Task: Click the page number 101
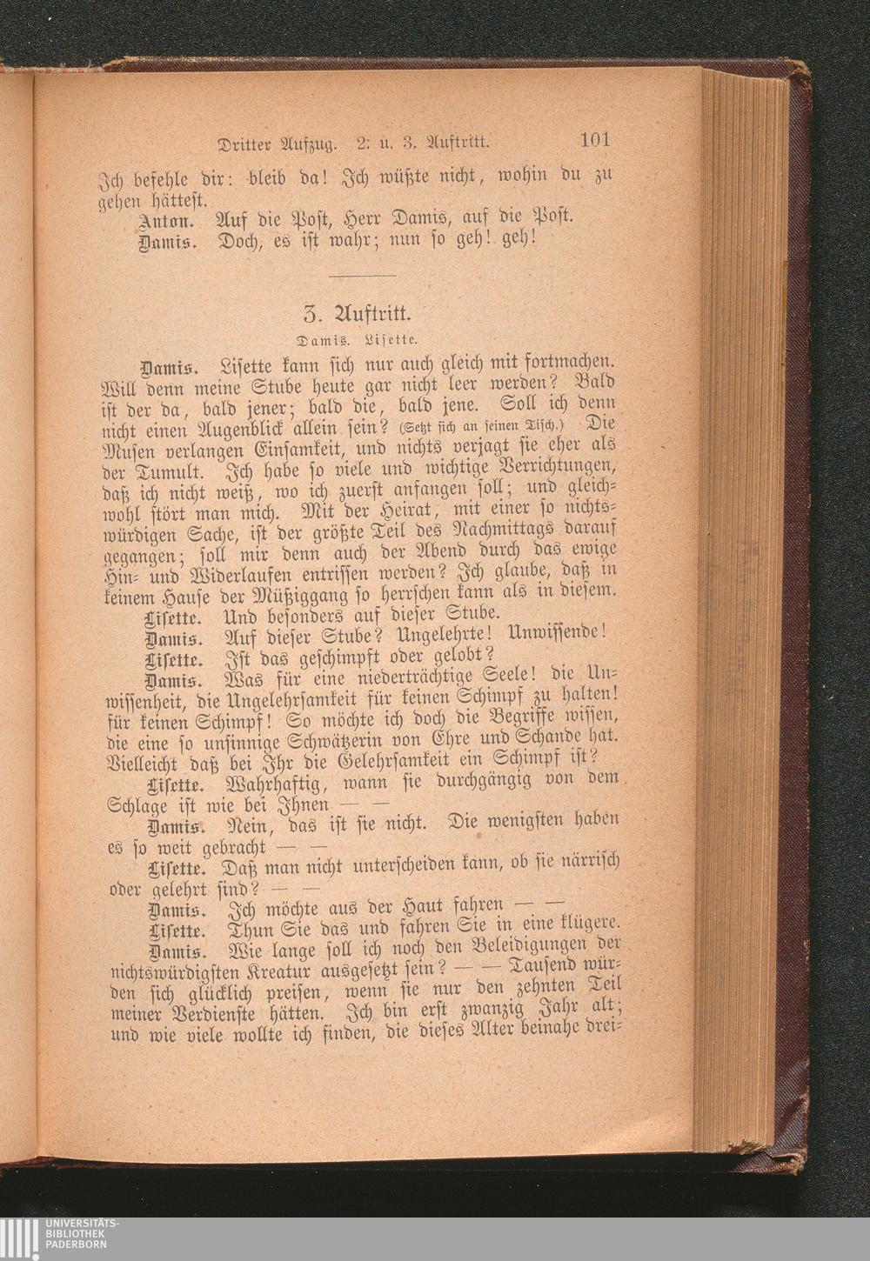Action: [x=594, y=140]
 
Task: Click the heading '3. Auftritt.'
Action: [x=364, y=312]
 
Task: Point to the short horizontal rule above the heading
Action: [x=364, y=276]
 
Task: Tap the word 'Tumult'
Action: [x=171, y=475]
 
